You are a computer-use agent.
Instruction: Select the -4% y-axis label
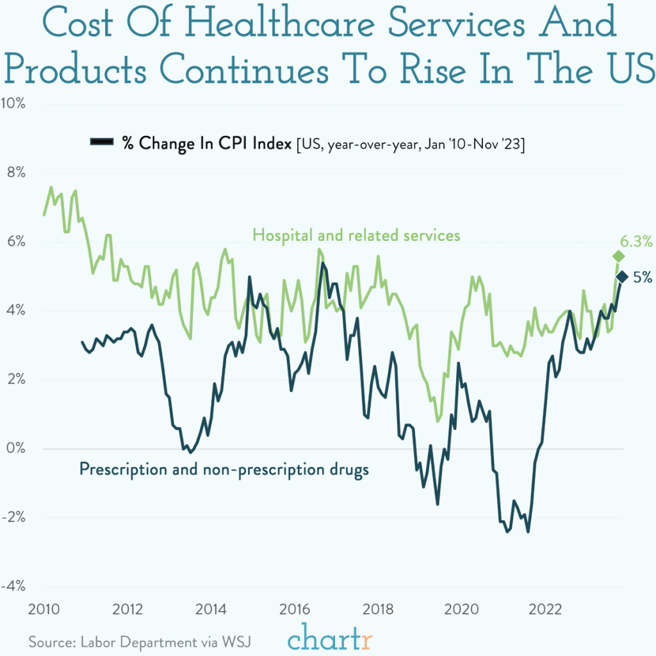tap(13, 586)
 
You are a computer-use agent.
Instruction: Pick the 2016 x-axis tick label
tap(295, 607)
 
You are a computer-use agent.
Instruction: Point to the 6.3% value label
tap(636, 242)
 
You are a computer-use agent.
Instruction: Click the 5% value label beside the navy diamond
tap(643, 277)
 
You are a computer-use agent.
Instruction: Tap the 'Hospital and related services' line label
tap(356, 235)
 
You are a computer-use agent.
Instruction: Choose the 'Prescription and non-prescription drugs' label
tap(224, 470)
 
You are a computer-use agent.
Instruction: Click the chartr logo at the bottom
tap(330, 639)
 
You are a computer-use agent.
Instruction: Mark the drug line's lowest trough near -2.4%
tap(528, 531)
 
